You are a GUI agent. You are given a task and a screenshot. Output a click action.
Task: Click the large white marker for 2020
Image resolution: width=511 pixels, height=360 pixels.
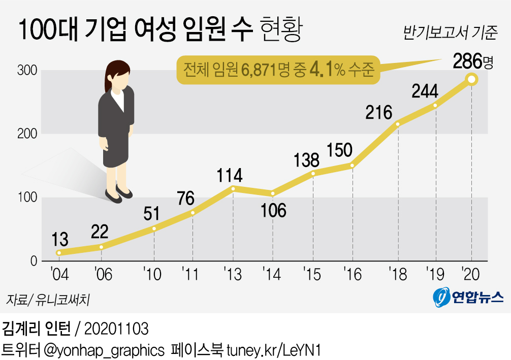point(471,79)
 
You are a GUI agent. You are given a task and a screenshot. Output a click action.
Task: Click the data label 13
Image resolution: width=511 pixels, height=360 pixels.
point(60,239)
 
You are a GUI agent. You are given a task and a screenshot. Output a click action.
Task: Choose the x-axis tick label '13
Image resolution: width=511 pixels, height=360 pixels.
point(233,275)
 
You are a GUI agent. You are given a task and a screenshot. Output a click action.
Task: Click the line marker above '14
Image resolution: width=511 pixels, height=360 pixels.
point(273,193)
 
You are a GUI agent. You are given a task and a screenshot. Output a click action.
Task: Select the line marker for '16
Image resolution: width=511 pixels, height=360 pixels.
point(352,166)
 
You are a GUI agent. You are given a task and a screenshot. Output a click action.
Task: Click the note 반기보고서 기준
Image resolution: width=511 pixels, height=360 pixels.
point(450,34)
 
